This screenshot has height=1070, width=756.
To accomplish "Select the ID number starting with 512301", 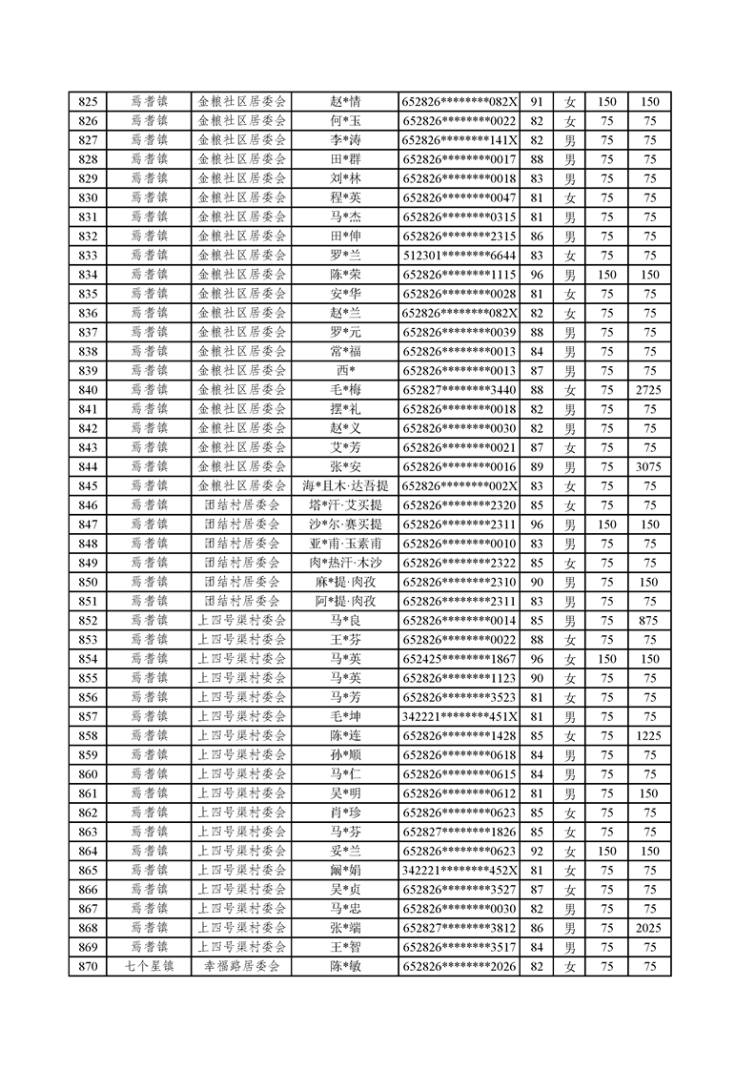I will pyautogui.click(x=460, y=256).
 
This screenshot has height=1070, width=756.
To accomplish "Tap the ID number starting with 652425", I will pyautogui.click(x=460, y=658).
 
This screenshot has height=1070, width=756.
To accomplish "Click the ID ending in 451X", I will pyautogui.click(x=460, y=716).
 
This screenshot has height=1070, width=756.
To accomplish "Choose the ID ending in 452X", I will pyautogui.click(x=460, y=870).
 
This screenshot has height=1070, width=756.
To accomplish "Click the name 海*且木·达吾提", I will pyautogui.click(x=344, y=485).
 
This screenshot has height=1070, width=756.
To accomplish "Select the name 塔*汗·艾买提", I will pyautogui.click(x=344, y=504).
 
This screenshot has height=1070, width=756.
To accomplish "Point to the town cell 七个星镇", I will pyautogui.click(x=149, y=966).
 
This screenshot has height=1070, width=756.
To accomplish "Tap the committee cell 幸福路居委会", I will pyautogui.click(x=242, y=966).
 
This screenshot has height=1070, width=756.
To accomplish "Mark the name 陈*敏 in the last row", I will pyautogui.click(x=344, y=966).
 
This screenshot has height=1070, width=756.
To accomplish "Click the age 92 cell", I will pyautogui.click(x=536, y=851).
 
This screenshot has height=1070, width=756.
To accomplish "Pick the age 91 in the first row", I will pyautogui.click(x=536, y=102).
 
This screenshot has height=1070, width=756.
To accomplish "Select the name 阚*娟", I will pyautogui.click(x=344, y=870).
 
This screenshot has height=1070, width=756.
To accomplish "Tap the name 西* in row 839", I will pyautogui.click(x=344, y=370).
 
